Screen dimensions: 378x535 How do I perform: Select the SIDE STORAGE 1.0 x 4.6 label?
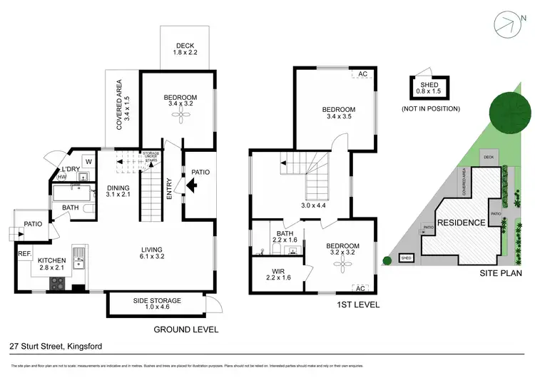157,305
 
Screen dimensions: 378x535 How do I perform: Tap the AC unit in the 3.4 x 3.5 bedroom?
362,75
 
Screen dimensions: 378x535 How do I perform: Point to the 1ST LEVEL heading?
359,305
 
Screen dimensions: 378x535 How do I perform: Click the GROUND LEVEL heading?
185,330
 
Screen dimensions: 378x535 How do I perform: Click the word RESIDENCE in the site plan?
461,223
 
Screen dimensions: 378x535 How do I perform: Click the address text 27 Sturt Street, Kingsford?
56,347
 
